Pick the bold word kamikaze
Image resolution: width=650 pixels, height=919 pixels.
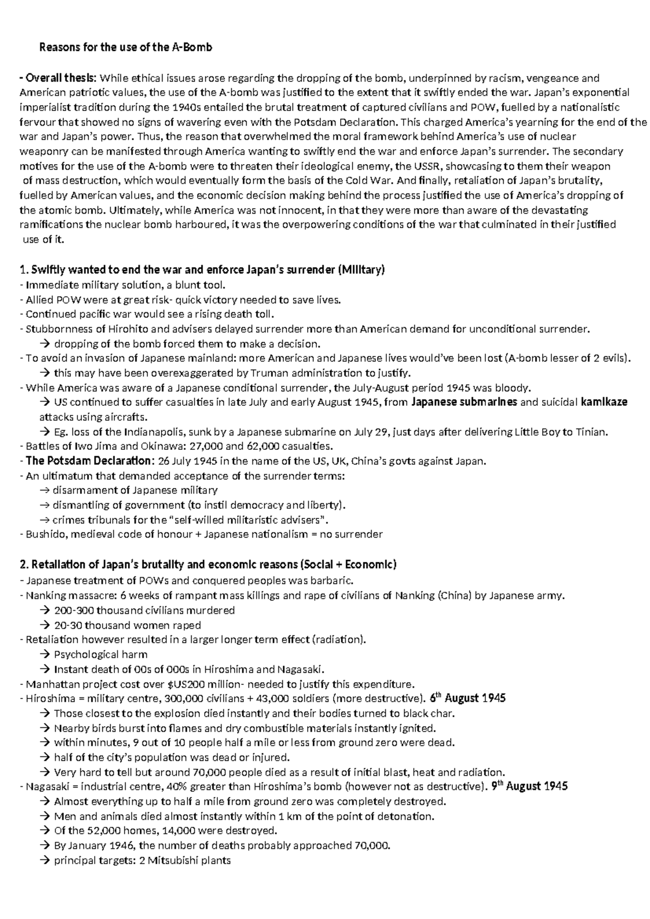point(604,403)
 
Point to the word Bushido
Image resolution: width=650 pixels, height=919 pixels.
point(42,534)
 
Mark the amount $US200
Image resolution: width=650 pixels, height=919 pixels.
point(183,684)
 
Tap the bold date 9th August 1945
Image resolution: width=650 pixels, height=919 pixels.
point(529,786)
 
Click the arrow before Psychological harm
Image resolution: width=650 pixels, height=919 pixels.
point(45,655)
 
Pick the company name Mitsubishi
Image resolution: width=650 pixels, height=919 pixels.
point(175,860)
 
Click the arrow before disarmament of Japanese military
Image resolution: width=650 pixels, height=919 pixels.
point(45,490)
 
